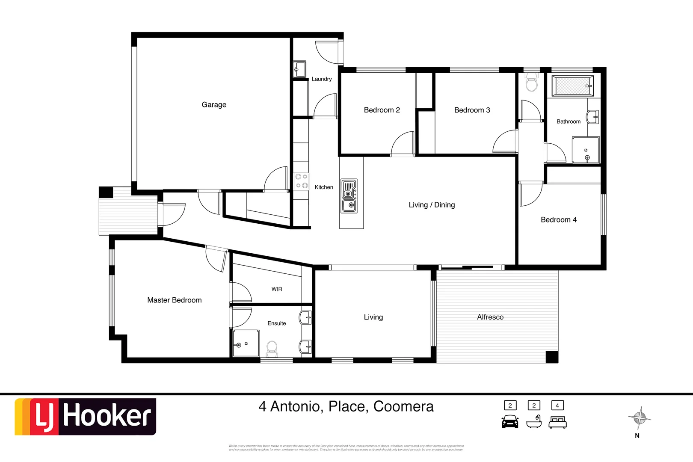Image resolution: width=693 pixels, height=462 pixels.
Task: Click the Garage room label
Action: click(214, 105)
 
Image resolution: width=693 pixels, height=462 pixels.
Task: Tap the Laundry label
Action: click(321, 79)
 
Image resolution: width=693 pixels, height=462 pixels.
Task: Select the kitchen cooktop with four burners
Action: click(302, 181)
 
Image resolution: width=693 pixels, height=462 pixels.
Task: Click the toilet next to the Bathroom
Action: click(531, 83)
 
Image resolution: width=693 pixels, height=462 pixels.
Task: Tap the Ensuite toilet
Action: click(272, 349)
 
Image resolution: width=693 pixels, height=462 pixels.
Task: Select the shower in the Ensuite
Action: click(246, 344)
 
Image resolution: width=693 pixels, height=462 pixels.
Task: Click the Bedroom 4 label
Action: click(558, 220)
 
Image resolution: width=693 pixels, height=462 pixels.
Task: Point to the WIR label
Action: click(277, 289)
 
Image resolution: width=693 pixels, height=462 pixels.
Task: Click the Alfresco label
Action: click(490, 317)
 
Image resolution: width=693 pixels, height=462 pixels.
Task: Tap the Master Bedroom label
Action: click(174, 300)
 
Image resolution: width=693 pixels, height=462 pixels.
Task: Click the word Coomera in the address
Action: click(403, 406)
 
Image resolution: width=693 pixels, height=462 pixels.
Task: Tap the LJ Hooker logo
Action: click(86, 417)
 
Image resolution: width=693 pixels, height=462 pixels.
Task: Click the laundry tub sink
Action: click(299, 69)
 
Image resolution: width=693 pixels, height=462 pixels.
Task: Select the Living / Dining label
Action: click(432, 205)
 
